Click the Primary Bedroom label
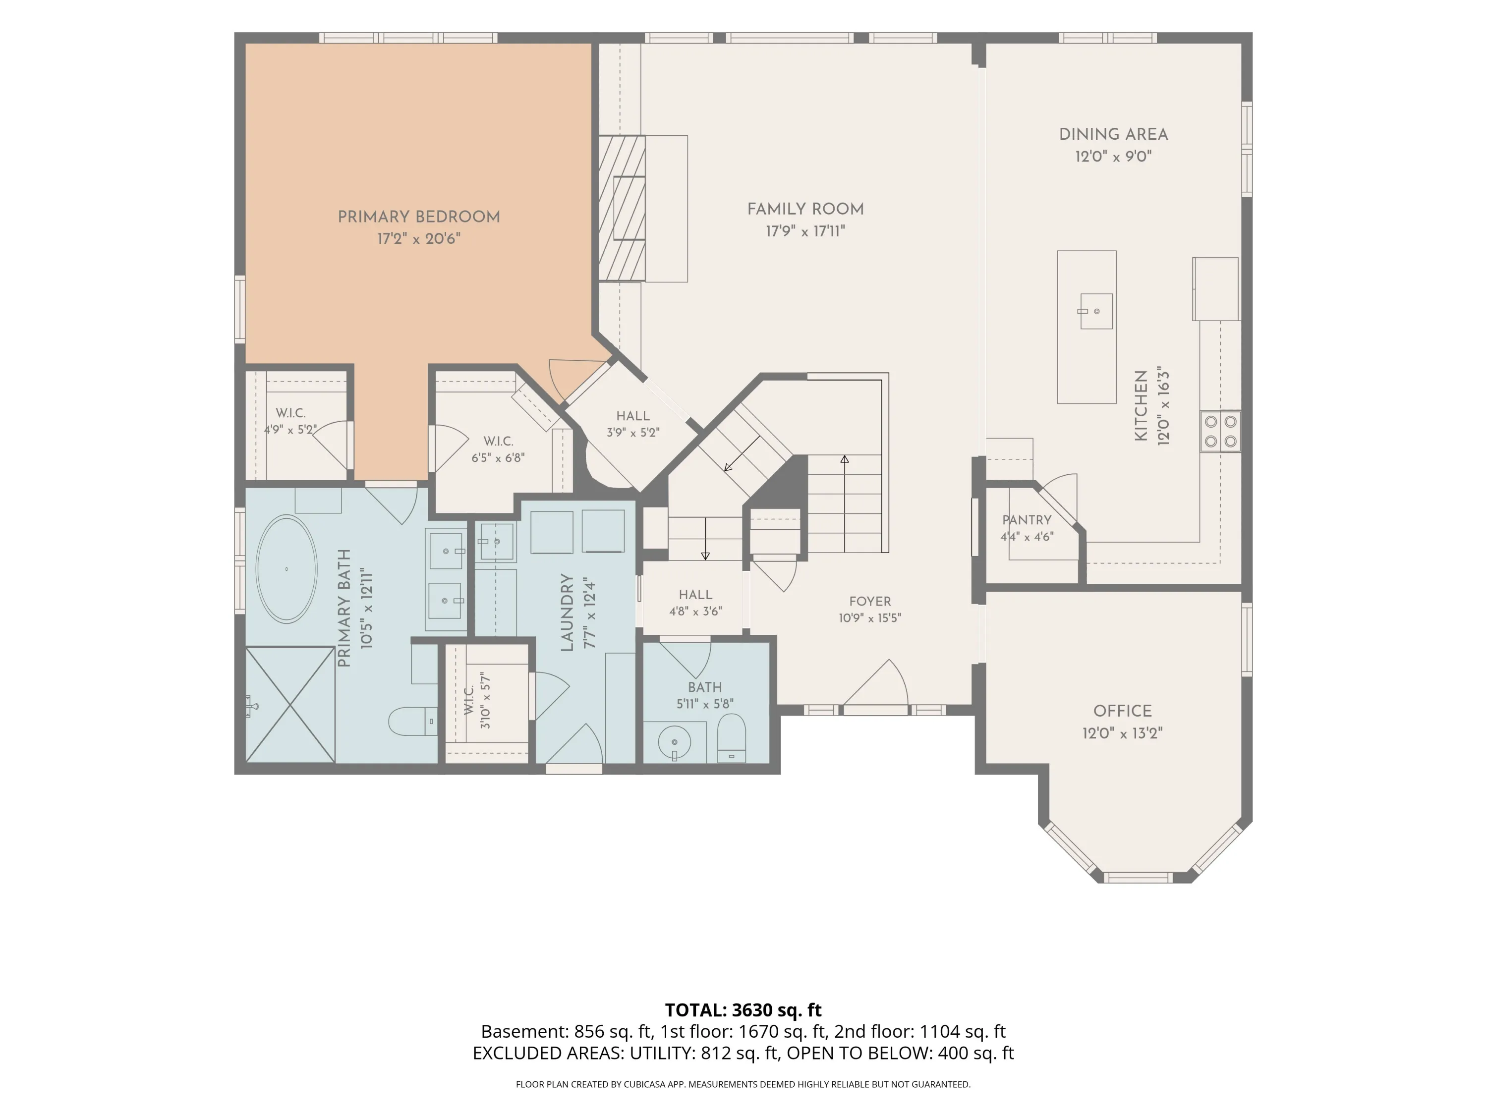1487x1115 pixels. pyautogui.click(x=418, y=217)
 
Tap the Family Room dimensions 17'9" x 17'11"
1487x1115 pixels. pyautogui.click(x=805, y=231)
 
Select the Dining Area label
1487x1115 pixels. pyautogui.click(x=1113, y=134)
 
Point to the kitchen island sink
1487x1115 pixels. pyautogui.click(x=1096, y=311)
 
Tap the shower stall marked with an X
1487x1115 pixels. pyautogui.click(x=290, y=704)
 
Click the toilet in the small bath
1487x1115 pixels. pyautogui.click(x=732, y=738)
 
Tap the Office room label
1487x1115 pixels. pyautogui.click(x=1122, y=711)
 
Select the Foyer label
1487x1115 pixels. pyautogui.click(x=870, y=602)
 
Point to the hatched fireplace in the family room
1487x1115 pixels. pyautogui.click(x=622, y=208)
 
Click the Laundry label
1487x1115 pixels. pyautogui.click(x=567, y=613)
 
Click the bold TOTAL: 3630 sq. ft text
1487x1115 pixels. pyautogui.click(x=743, y=1009)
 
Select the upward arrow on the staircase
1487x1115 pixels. pyautogui.click(x=844, y=503)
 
